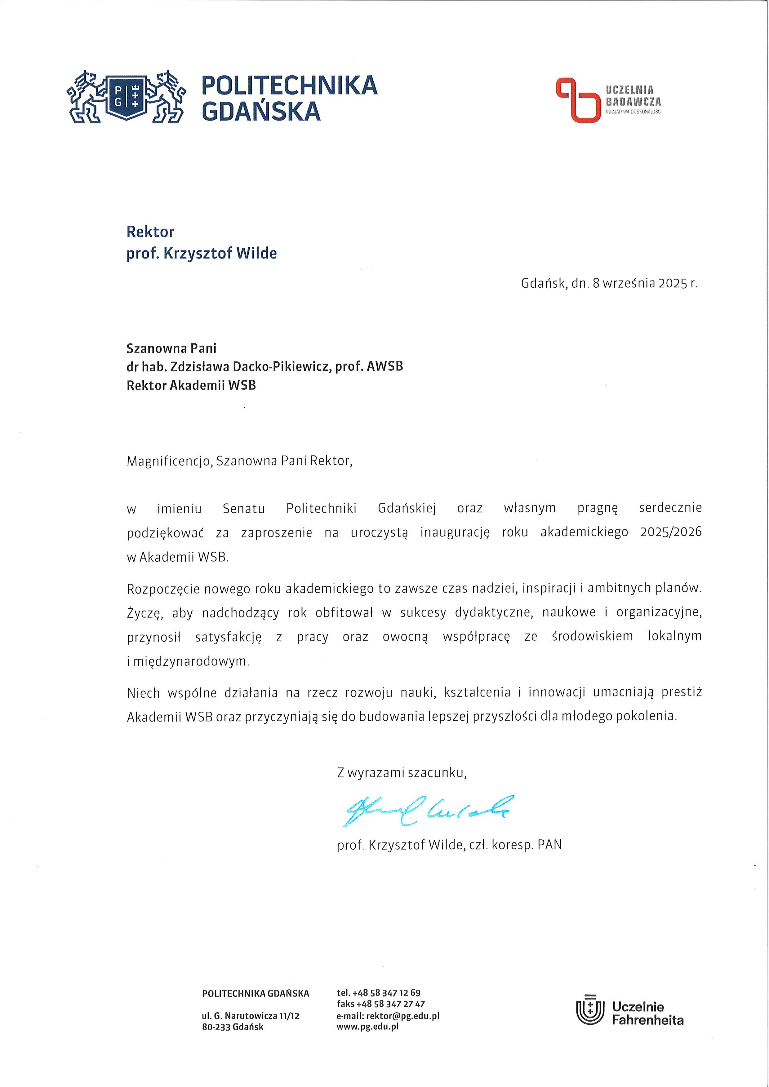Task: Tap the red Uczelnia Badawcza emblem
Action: (x=577, y=100)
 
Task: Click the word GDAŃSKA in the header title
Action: (x=261, y=112)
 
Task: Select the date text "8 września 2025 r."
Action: (x=645, y=283)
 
